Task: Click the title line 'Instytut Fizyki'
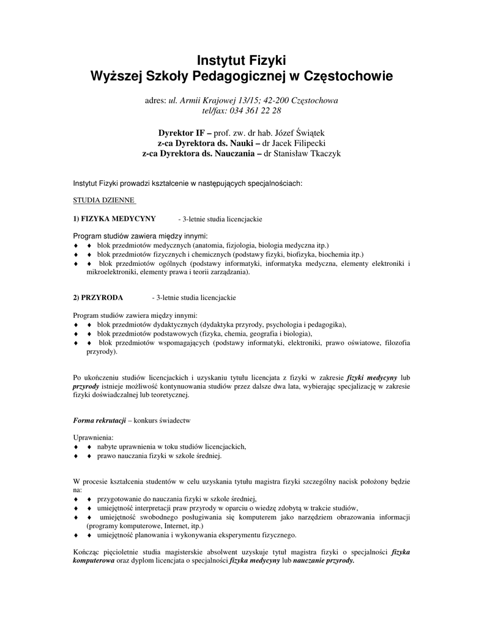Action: coord(241,60)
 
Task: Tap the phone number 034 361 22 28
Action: coord(255,111)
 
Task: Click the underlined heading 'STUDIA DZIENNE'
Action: coord(103,199)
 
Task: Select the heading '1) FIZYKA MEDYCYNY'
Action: coord(114,218)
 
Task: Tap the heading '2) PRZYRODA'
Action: coord(98,297)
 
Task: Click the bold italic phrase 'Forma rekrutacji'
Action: coord(99,421)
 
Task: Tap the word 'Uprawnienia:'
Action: coord(93,438)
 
